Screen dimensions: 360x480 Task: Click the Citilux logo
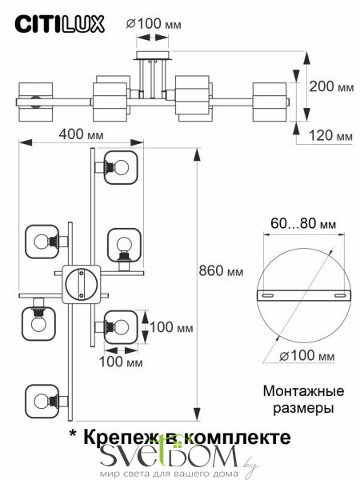[60, 24]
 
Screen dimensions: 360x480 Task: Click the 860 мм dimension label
[221, 271]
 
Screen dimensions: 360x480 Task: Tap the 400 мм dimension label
[81, 134]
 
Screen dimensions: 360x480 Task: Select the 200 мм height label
[331, 86]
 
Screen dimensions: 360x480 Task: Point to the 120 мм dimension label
[330, 135]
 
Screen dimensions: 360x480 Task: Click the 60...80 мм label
[303, 224]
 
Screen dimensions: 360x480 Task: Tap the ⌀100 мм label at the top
[154, 24]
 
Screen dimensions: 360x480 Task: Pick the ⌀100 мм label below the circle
[307, 356]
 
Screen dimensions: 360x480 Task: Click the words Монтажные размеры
[303, 399]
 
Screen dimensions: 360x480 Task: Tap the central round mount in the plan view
[81, 284]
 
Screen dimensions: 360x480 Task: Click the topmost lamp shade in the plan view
[121, 167]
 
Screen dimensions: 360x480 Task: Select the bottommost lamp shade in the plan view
[42, 402]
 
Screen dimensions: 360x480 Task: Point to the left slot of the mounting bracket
[267, 295]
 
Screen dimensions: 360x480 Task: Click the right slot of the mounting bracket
[340, 295]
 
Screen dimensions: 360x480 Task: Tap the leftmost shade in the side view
[36, 102]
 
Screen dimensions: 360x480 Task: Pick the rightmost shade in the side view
[270, 102]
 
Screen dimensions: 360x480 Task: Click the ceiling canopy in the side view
[153, 56]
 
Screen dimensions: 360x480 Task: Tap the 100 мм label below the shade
[121, 362]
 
